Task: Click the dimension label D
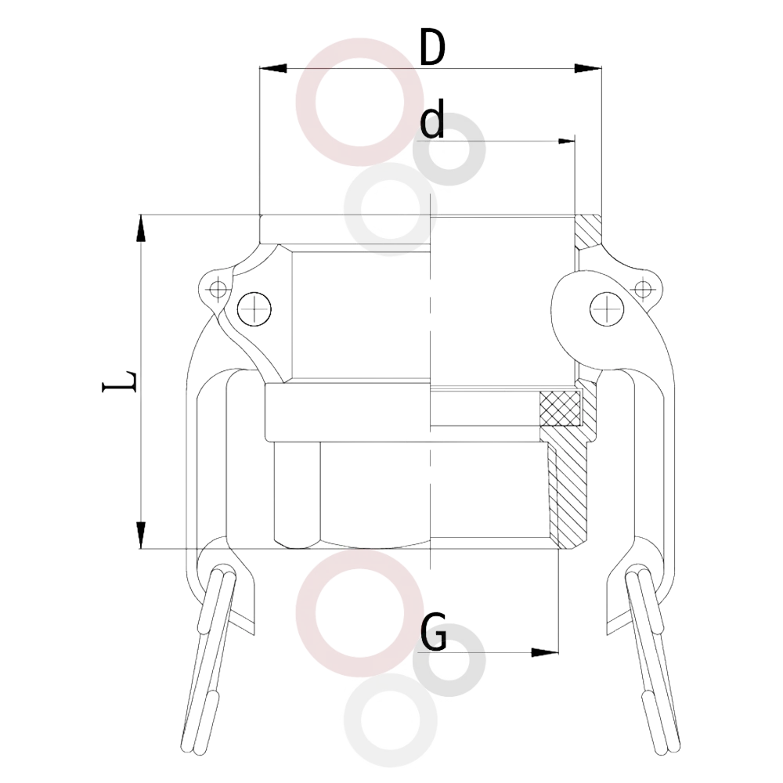click(432, 48)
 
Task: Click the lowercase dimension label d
click(432, 118)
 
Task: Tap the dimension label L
click(120, 381)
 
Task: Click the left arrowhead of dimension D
click(273, 68)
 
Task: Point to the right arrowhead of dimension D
click(588, 68)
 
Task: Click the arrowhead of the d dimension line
click(566, 141)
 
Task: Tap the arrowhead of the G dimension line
click(545, 652)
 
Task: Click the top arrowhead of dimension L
click(141, 229)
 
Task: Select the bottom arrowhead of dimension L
click(141, 535)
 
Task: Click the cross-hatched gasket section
click(561, 408)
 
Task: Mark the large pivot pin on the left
click(254, 309)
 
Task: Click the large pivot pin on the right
click(608, 309)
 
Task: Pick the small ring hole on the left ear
click(218, 289)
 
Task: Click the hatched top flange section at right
click(588, 232)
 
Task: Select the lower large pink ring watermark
click(359, 559)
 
